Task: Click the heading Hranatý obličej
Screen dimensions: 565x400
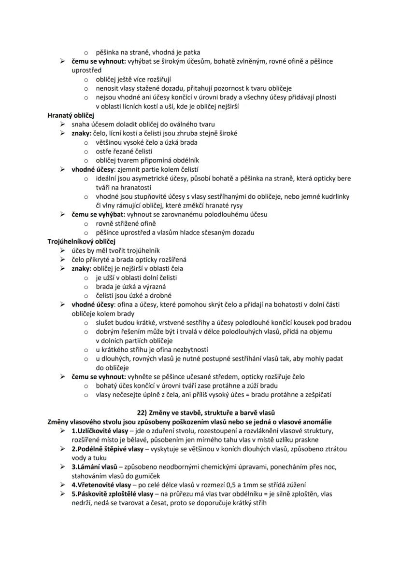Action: pos(71,115)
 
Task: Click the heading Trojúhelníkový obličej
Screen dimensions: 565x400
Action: pos(81,241)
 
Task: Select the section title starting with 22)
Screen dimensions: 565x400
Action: pos(200,413)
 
